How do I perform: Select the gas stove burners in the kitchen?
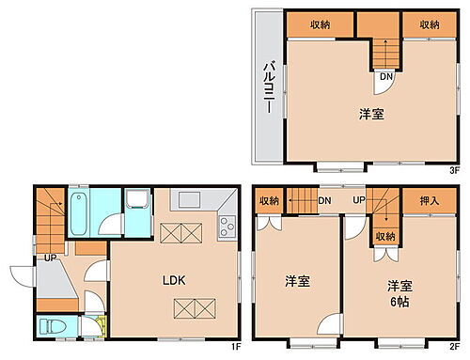pos(227,226)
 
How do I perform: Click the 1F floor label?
pos(238,348)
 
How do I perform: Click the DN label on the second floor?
pos(323,200)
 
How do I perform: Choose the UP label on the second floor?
pos(359,200)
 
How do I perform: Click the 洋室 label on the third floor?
pos(370,115)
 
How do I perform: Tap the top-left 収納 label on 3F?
pos(321,25)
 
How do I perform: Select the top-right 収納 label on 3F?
pos(429,25)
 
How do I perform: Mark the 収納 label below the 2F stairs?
pos(385,236)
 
